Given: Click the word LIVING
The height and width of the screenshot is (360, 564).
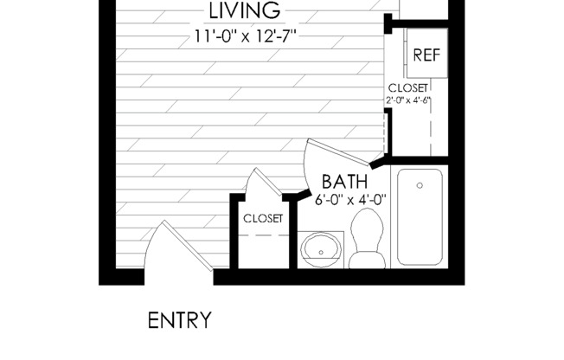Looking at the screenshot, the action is (245, 10).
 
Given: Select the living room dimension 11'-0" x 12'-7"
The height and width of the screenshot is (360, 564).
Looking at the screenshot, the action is (246, 36).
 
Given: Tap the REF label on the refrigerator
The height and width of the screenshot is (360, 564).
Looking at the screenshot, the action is (426, 55).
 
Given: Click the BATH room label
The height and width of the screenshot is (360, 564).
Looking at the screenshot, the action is (344, 182).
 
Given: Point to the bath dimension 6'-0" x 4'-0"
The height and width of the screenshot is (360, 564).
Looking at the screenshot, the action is (350, 199).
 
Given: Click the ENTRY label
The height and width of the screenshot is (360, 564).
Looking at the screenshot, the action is (179, 320).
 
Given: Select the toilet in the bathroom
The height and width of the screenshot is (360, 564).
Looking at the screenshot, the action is (367, 239).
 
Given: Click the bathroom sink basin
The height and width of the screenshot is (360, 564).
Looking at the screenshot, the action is (321, 249).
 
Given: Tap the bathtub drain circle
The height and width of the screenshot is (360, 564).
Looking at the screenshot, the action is (420, 185).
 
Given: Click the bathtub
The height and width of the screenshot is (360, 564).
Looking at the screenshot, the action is (420, 217).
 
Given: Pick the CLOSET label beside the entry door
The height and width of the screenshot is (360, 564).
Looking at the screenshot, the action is (263, 219).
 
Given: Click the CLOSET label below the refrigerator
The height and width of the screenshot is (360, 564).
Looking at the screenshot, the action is (408, 88).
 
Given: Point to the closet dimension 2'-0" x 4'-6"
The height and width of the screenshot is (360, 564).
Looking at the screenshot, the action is (408, 100).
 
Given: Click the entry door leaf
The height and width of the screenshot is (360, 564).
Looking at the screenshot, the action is (188, 246).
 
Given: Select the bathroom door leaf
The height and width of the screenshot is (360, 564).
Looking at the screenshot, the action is (338, 153).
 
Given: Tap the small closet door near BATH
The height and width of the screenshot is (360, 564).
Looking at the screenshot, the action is (267, 182).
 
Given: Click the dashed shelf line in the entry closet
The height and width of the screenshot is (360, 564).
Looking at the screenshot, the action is (264, 235).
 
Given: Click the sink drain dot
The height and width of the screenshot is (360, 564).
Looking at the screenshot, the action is (321, 253).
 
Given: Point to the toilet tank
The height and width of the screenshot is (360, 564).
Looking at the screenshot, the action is (367, 260).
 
